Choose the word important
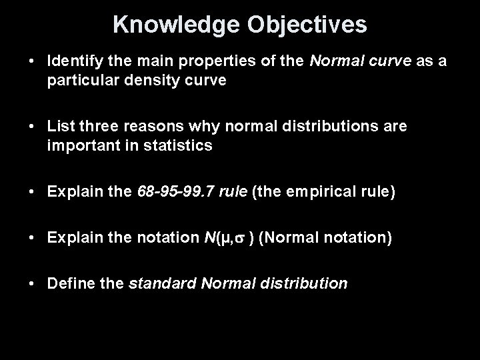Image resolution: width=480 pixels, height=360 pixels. (80, 145)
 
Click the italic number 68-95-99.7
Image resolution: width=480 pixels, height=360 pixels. (172, 193)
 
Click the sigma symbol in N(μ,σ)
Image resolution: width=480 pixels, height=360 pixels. (241, 239)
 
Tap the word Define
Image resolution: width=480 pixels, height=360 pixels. (68, 283)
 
